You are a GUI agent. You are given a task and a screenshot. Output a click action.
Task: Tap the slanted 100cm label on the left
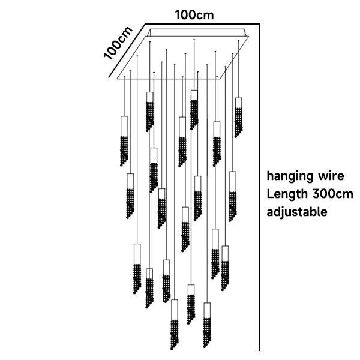pos(118,43)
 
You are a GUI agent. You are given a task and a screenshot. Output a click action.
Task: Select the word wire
pos(330,176)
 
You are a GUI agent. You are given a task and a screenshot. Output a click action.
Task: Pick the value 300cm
pos(333,194)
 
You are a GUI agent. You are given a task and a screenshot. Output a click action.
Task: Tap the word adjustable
pos(297,212)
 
